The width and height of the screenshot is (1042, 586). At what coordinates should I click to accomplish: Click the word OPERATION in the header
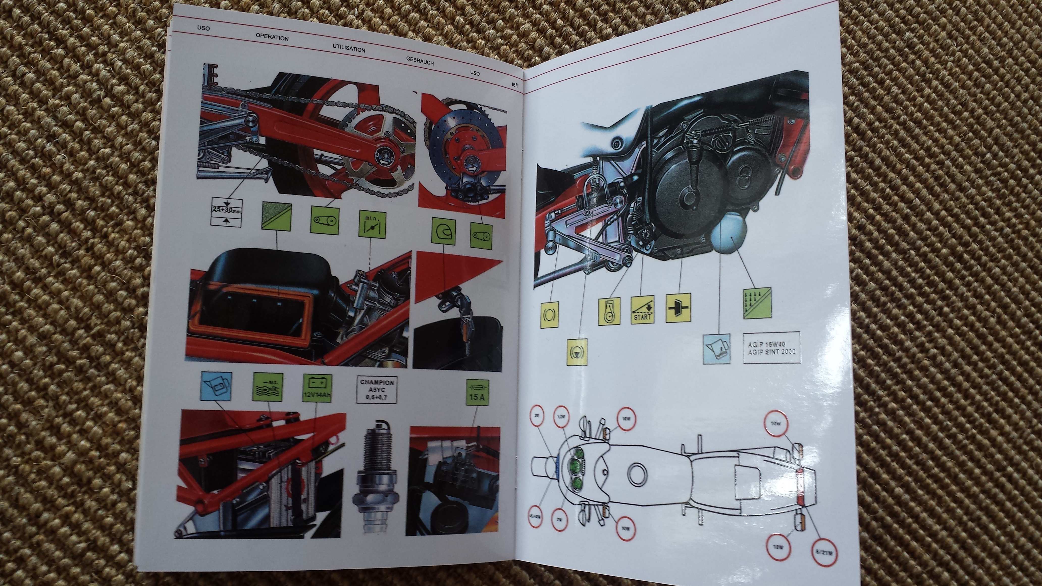pyautogui.click(x=272, y=37)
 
